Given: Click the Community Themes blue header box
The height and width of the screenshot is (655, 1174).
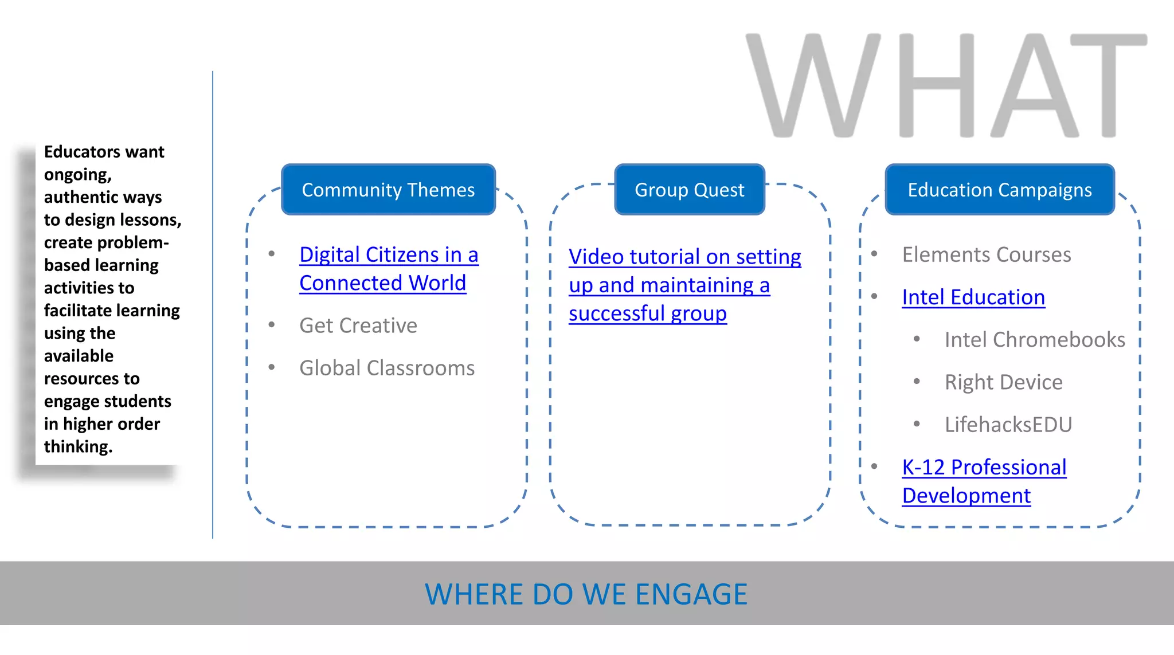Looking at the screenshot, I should click(x=388, y=190).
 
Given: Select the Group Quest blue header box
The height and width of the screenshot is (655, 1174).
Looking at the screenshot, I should click(x=689, y=190).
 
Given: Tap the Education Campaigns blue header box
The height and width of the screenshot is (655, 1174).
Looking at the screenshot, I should click(x=999, y=190).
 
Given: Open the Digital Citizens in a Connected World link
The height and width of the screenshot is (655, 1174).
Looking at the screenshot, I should click(x=388, y=269).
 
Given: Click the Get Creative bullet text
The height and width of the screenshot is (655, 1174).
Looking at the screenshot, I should click(x=358, y=325).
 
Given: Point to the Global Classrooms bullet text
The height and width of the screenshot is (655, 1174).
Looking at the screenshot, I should click(x=386, y=368).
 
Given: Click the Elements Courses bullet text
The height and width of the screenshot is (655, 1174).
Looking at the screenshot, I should click(x=986, y=254).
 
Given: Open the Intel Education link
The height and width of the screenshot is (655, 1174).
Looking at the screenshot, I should click(x=973, y=297).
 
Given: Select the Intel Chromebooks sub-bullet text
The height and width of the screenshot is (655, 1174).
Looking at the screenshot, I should click(x=1034, y=340).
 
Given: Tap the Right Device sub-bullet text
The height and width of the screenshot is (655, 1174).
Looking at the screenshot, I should click(x=1003, y=382).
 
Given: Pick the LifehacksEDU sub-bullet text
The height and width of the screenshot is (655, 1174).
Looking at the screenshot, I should click(x=1008, y=425).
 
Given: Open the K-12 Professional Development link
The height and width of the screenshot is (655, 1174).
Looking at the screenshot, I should click(x=983, y=481).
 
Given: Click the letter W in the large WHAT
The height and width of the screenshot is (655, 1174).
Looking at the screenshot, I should click(x=813, y=86).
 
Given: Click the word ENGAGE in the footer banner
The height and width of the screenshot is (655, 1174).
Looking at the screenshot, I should click(x=691, y=594).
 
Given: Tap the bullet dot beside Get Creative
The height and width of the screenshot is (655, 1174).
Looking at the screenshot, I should click(x=272, y=325).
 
